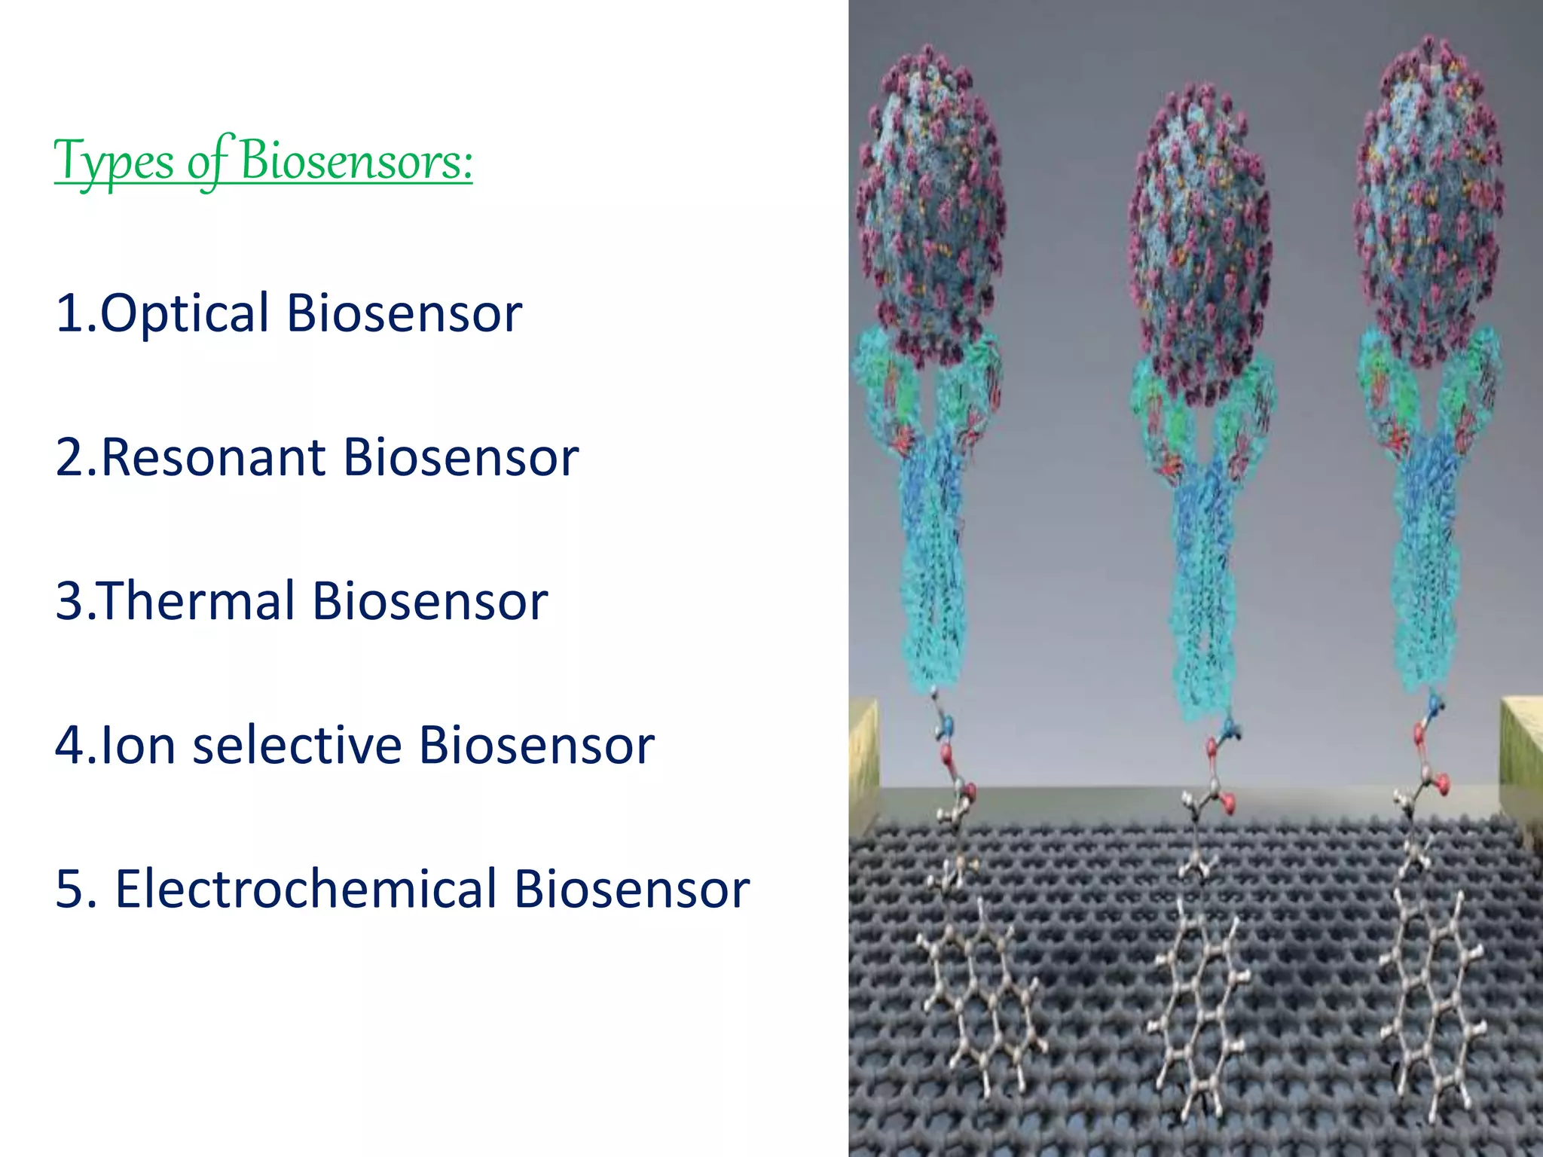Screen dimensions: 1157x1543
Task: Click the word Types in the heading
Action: pos(114,161)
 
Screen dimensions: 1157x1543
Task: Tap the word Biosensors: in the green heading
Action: pos(356,161)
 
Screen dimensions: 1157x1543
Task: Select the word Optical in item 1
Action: pos(184,313)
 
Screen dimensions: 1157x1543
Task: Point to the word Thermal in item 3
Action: pos(196,601)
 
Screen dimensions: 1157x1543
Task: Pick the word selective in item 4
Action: pos(297,745)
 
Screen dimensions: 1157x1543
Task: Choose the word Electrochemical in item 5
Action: pos(305,889)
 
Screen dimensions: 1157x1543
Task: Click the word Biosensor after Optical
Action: pos(404,313)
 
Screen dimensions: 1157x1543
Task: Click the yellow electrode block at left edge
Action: pos(863,761)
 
